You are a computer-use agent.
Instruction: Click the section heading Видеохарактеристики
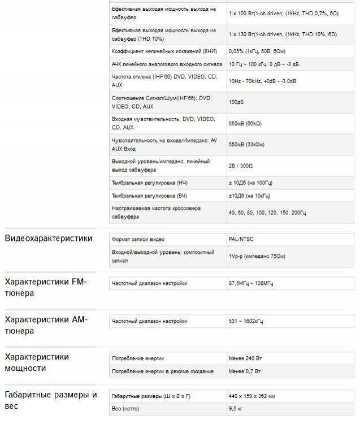49,238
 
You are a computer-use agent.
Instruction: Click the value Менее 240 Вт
246,359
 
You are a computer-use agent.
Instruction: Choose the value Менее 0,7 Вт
245,371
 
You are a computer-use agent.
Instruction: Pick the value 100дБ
236,102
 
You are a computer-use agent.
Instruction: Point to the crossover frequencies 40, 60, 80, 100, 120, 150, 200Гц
267,213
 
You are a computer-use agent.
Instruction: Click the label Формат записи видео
138,240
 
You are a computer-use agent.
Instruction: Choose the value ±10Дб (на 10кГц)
249,196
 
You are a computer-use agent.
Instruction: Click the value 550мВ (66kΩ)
245,123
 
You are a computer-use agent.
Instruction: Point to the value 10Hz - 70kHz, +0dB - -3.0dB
262,81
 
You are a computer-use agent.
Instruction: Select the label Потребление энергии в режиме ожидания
163,371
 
